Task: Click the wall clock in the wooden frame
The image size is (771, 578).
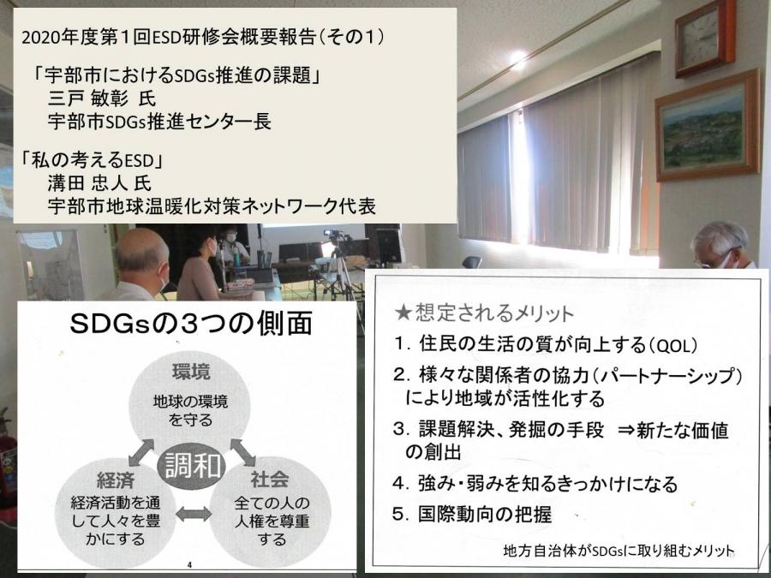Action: point(705,38)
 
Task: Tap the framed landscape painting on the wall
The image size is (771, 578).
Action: point(708,126)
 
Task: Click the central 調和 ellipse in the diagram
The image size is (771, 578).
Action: point(191,465)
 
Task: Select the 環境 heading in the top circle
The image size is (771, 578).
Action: point(191,372)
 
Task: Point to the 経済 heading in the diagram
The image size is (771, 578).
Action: point(116,480)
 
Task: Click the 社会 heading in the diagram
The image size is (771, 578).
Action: point(270,480)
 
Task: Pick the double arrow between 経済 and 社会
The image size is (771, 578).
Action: point(194,514)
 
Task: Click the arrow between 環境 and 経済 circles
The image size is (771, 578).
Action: point(141,452)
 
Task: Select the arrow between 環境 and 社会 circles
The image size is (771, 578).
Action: point(243,452)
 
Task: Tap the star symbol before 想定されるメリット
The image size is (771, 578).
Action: point(403,313)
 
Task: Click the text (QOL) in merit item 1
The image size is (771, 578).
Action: point(672,346)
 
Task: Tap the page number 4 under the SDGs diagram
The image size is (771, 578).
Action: point(190,564)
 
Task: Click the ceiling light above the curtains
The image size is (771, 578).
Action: point(517,59)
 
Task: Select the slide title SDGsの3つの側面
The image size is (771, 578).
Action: point(191,324)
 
